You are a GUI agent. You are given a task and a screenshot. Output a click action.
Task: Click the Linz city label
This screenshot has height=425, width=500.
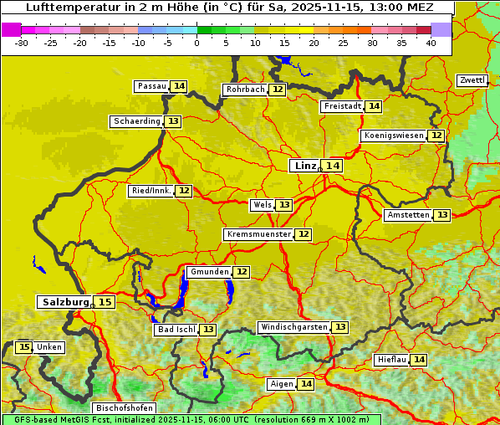click(305, 166)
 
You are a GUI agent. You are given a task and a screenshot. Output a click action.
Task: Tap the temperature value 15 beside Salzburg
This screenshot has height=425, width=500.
click(105, 302)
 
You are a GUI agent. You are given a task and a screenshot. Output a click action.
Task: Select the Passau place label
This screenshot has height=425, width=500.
click(152, 86)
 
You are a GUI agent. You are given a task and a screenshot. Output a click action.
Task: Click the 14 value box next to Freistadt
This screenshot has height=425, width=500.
click(374, 106)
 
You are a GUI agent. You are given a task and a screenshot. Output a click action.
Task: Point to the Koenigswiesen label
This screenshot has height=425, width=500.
click(393, 136)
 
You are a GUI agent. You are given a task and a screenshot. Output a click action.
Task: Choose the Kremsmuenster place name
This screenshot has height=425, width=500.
click(258, 234)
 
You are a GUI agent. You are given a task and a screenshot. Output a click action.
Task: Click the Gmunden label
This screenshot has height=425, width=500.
click(209, 272)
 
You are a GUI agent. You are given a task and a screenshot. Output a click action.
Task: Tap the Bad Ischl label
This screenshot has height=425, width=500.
click(176, 330)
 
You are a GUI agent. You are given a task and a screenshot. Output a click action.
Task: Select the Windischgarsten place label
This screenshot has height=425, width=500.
click(293, 327)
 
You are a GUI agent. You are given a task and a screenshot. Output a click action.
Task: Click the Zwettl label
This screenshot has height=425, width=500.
click(472, 80)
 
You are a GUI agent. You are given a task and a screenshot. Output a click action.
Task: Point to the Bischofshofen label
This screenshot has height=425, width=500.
click(125, 408)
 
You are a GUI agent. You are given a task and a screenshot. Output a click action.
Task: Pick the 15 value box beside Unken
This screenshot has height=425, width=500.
click(24, 347)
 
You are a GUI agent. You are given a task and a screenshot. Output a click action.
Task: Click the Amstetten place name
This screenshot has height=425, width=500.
click(408, 215)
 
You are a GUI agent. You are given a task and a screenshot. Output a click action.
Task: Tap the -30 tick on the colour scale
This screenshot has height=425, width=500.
click(22, 43)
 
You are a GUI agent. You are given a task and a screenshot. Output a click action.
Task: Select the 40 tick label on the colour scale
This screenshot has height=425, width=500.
click(431, 43)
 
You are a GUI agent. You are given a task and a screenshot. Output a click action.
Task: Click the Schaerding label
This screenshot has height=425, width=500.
click(137, 121)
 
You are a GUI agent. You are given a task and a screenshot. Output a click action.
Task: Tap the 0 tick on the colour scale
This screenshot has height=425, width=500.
click(197, 43)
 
